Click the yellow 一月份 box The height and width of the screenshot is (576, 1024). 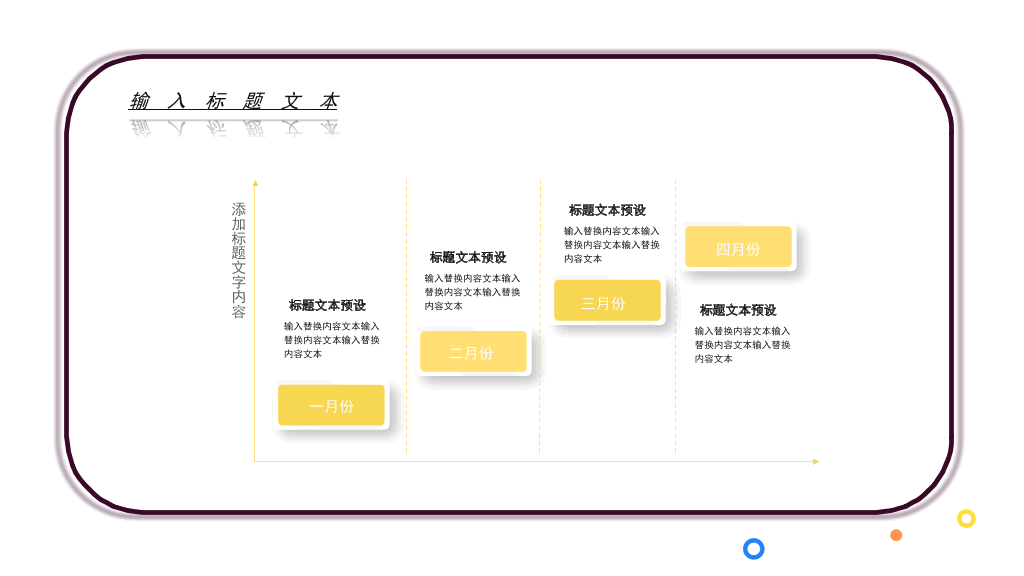[x=331, y=405]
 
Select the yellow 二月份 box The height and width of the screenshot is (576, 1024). [x=473, y=351]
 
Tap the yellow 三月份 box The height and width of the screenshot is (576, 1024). [x=607, y=300]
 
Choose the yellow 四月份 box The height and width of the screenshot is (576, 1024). [x=738, y=246]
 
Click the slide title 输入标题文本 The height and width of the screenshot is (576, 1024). [x=234, y=101]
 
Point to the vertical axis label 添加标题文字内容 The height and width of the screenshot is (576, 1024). [x=238, y=260]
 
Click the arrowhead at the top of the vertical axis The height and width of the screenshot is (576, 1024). [x=255, y=184]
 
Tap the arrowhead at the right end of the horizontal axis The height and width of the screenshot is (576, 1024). [x=816, y=462]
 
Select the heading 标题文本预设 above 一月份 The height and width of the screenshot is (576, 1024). [x=327, y=305]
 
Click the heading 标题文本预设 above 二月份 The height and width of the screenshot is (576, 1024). [x=468, y=257]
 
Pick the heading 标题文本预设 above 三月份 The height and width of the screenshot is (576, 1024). [x=607, y=210]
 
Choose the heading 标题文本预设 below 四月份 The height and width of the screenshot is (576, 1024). [x=738, y=310]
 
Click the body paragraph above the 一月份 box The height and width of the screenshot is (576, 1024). [x=332, y=340]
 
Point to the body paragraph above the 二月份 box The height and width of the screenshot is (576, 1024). [x=472, y=292]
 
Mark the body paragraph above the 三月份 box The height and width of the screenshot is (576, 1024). [x=612, y=245]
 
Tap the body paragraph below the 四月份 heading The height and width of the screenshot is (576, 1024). [x=743, y=345]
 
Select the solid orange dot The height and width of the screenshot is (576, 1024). [x=896, y=536]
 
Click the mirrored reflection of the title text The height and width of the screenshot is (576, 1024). [x=235, y=127]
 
